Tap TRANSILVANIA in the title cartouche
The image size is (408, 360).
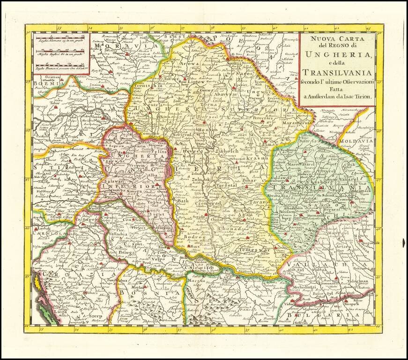click(337, 72)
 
